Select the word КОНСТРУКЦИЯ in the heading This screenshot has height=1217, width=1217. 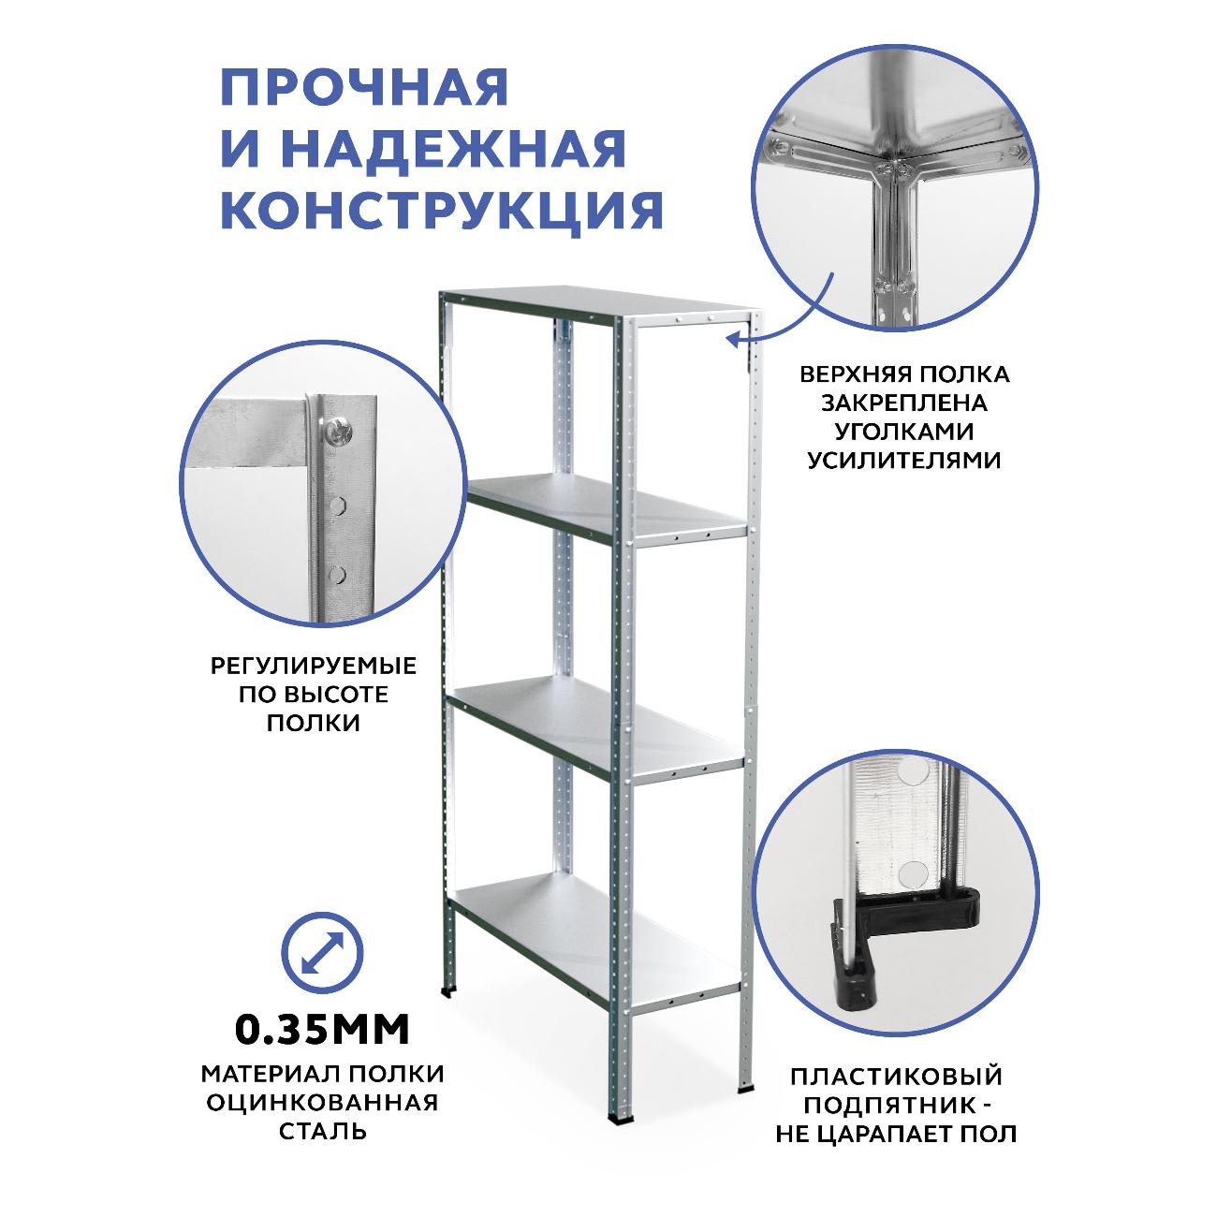[x=442, y=212]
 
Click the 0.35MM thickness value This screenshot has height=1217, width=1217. [x=322, y=1030]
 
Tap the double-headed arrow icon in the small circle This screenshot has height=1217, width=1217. [x=322, y=953]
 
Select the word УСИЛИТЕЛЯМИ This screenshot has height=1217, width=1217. [x=904, y=461]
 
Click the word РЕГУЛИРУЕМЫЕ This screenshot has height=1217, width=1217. [x=314, y=667]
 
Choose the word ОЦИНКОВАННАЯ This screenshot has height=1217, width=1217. [x=322, y=1102]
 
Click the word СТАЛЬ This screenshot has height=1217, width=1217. [x=323, y=1131]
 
